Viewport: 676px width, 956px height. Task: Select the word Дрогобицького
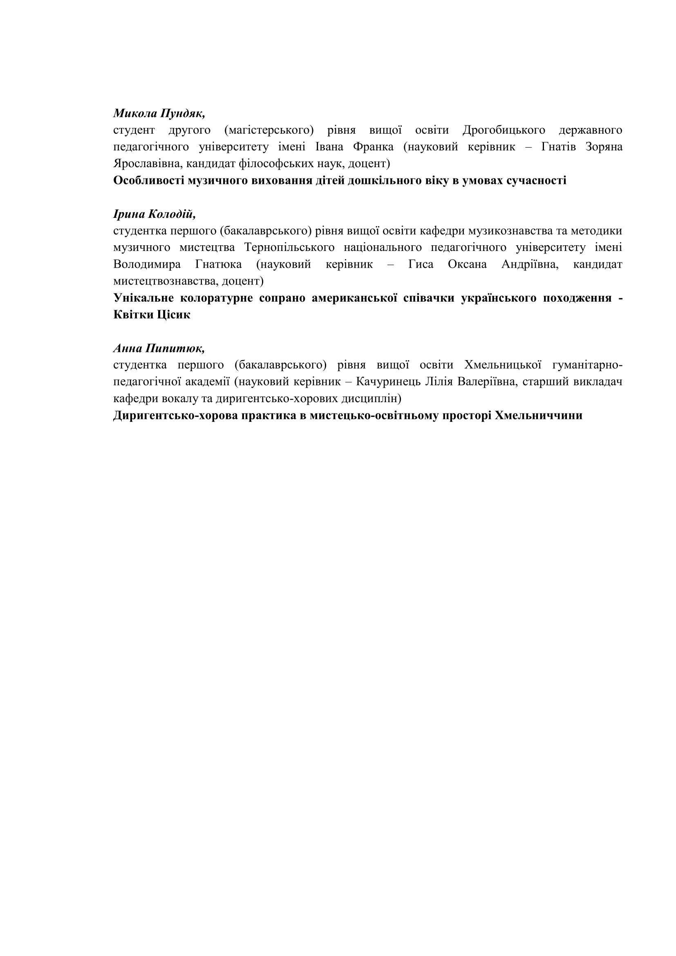504,130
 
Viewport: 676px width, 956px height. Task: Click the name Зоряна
604,147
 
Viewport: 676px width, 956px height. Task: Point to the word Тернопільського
289,248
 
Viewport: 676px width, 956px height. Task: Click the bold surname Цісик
173,315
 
